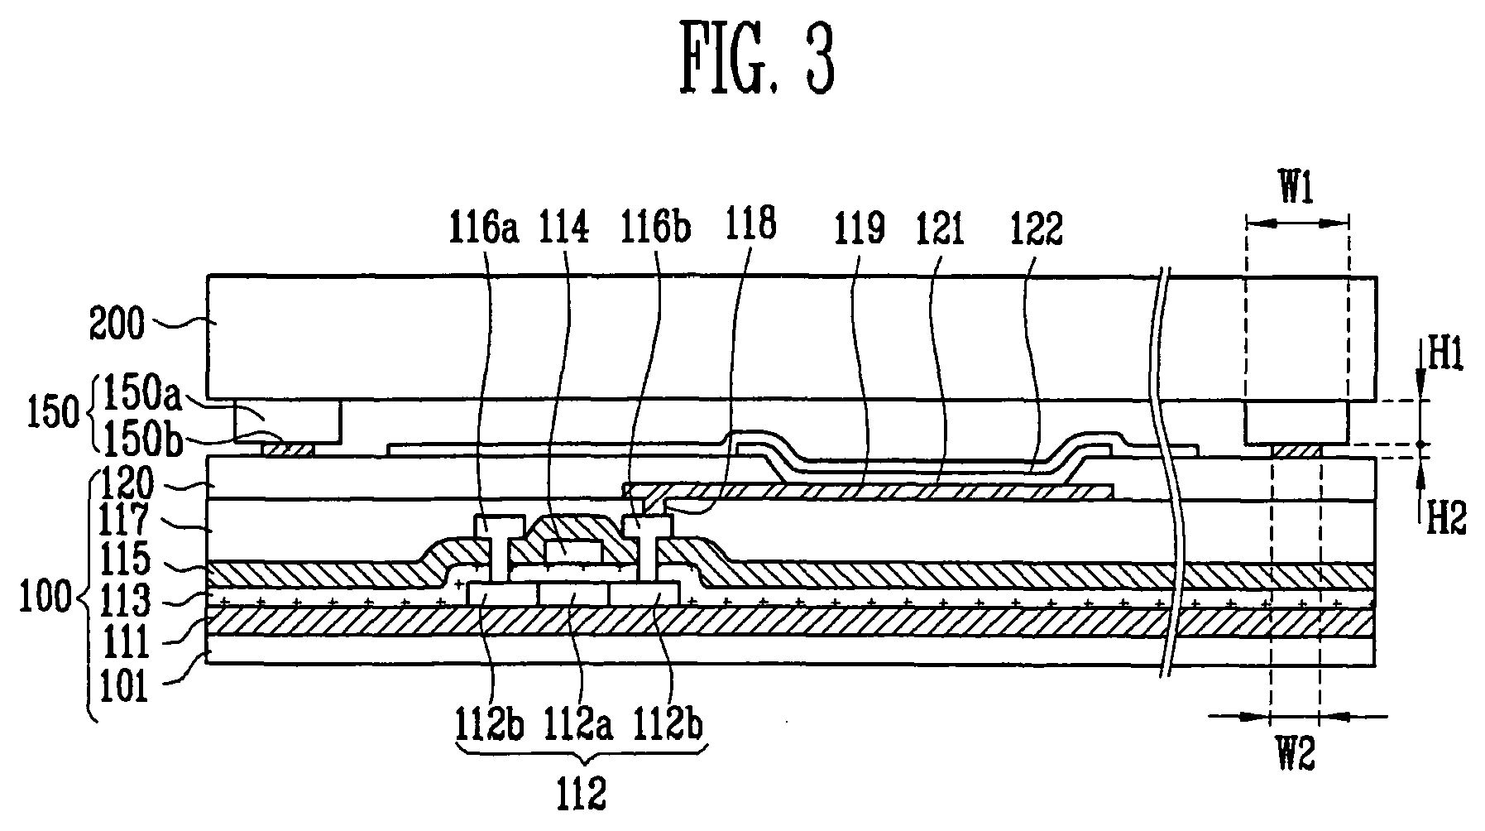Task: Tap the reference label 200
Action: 116,324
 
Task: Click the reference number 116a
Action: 484,226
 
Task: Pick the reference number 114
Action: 564,226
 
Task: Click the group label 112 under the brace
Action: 582,795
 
